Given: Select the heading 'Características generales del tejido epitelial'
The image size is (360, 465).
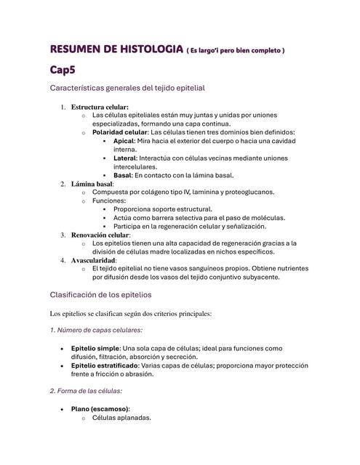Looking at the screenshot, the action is point(128,88).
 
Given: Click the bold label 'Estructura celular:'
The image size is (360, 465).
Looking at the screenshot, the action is point(100,107).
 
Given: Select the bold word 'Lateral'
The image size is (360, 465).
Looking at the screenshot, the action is point(126,158).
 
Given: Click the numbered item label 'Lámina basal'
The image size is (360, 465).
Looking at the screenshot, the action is point(92,184).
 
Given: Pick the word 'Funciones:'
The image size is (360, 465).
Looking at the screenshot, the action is point(109,201).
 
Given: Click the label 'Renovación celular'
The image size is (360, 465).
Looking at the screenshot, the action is point(100,235).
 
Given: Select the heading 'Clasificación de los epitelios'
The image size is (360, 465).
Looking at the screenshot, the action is point(100,295).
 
